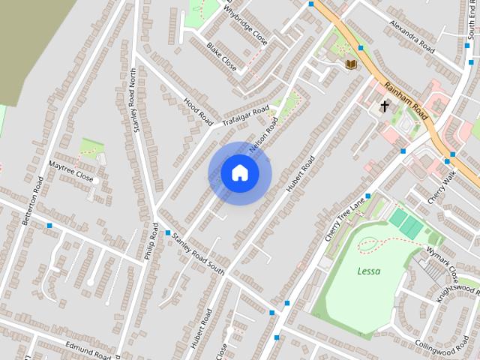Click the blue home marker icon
click(x=240, y=172)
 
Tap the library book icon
click(x=349, y=64)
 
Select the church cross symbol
click(x=385, y=106)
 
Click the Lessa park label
click(x=368, y=271)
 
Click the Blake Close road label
click(x=222, y=56)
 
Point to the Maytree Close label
click(x=70, y=170)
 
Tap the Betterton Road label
click(x=34, y=200)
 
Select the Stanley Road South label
click(x=198, y=254)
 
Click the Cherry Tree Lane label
click(x=344, y=218)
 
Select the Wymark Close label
click(x=443, y=256)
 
